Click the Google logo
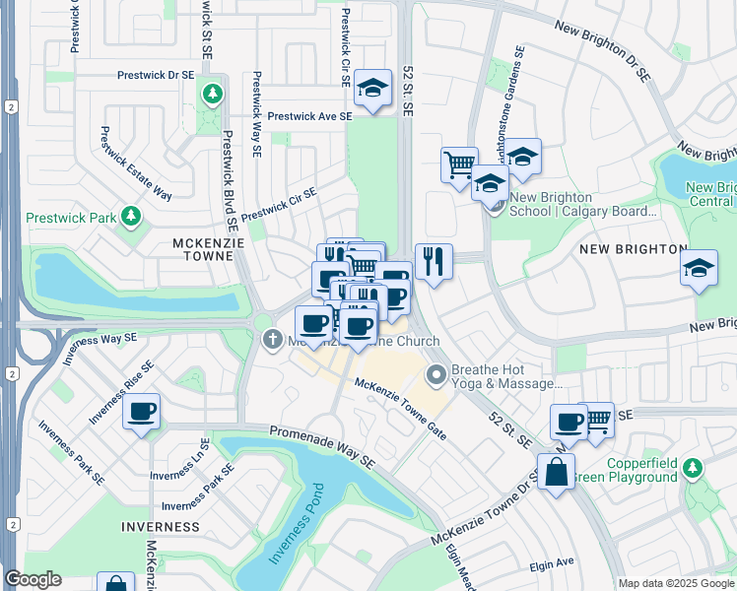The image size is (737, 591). click(x=33, y=579)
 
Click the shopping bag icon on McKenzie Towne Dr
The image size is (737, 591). click(x=557, y=470)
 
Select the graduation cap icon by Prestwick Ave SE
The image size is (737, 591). click(x=372, y=89)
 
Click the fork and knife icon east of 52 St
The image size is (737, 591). click(x=434, y=261)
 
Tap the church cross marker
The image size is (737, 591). click(x=273, y=341)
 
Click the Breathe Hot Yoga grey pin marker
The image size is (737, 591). click(x=435, y=375)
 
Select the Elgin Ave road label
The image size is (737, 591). click(x=552, y=564)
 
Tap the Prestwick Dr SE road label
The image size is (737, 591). click(x=155, y=74)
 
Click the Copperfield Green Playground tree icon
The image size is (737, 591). click(x=694, y=467)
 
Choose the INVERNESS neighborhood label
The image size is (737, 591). click(x=162, y=527)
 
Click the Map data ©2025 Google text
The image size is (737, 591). click(x=676, y=583)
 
